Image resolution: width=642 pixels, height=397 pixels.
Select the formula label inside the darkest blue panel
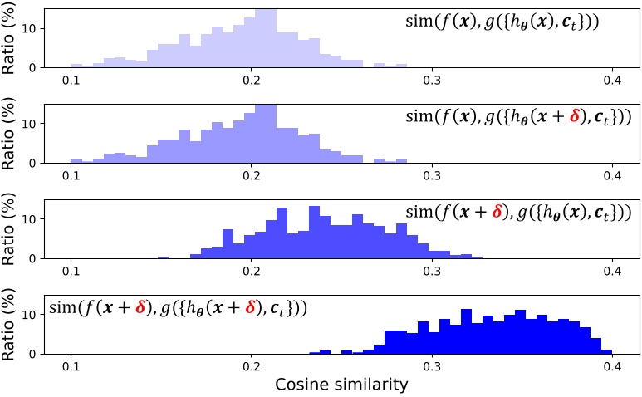(x=179, y=307)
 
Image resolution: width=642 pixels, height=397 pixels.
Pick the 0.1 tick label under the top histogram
(x=71, y=79)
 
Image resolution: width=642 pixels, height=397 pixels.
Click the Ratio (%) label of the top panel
(x=12, y=38)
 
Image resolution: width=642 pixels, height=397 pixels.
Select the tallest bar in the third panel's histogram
(x=314, y=233)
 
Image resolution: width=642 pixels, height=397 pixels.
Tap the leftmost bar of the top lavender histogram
(x=76, y=65)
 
